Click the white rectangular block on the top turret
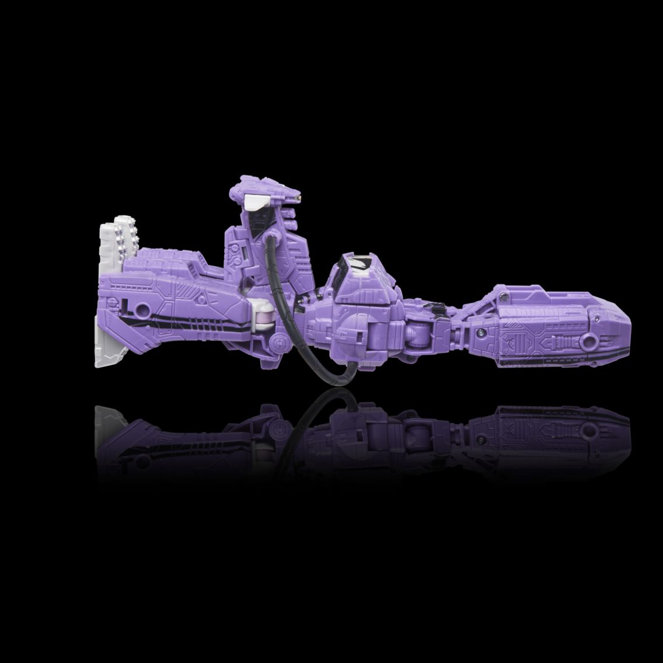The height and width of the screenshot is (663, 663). [x=255, y=203]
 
